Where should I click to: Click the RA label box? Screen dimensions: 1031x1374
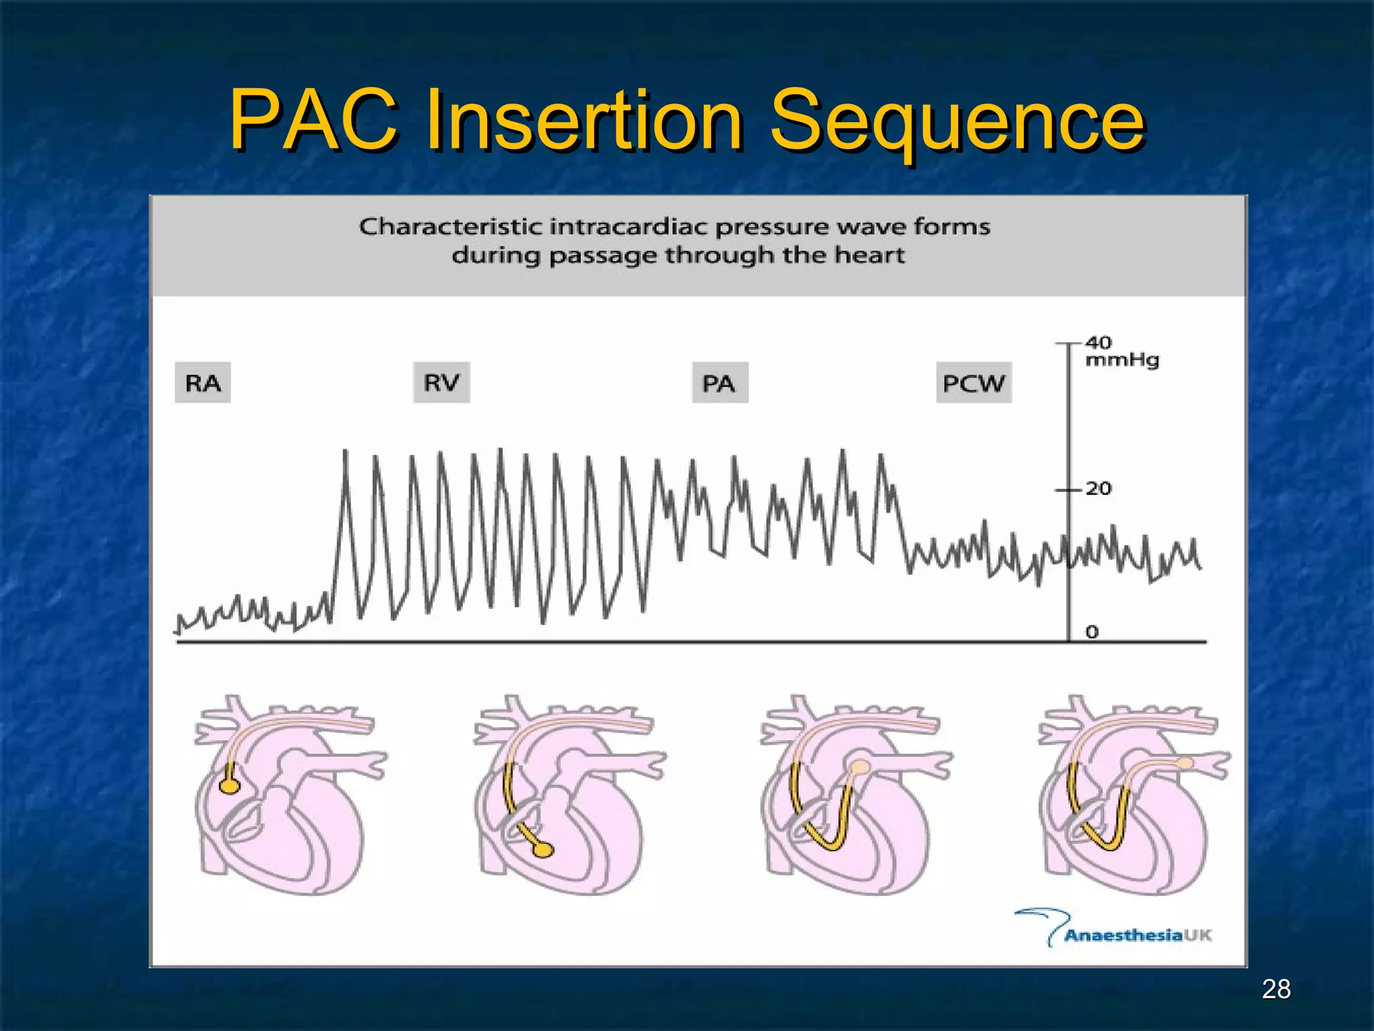(x=203, y=383)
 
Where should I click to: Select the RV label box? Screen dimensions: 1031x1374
(x=441, y=383)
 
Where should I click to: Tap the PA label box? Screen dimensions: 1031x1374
(x=719, y=383)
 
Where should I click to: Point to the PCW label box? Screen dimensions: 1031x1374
(x=973, y=383)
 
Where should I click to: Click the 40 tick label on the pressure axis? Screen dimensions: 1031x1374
(x=1099, y=342)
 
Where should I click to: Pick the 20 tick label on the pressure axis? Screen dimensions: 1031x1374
(x=1099, y=488)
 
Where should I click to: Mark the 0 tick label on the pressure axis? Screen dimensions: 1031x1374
(x=1092, y=632)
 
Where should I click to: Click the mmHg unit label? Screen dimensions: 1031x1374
(x=1122, y=360)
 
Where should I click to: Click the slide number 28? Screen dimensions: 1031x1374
(x=1276, y=989)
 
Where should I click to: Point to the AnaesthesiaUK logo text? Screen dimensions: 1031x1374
(x=1138, y=935)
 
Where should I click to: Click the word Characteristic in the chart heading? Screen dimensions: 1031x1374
(x=451, y=227)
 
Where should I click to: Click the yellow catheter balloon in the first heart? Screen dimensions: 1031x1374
(x=229, y=785)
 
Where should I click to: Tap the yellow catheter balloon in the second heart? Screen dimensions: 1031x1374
(x=543, y=850)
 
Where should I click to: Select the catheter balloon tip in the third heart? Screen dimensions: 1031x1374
(x=860, y=767)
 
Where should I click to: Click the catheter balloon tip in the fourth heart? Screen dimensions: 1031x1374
(x=1185, y=763)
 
